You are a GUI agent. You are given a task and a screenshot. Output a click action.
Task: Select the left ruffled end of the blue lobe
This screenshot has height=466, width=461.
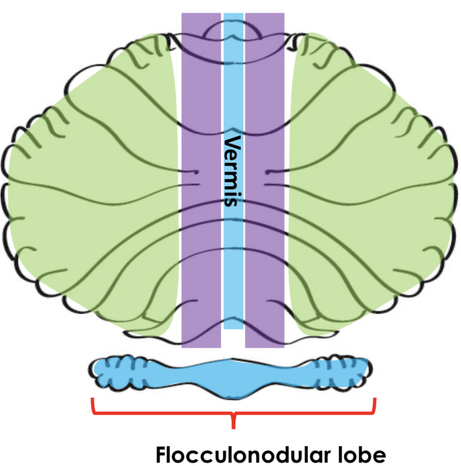pyautogui.click(x=115, y=371)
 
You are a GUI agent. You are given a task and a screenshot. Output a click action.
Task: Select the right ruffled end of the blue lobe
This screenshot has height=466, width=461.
pyautogui.click(x=346, y=371)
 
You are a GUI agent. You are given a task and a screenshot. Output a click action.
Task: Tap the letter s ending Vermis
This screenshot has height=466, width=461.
pyautogui.click(x=233, y=201)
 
